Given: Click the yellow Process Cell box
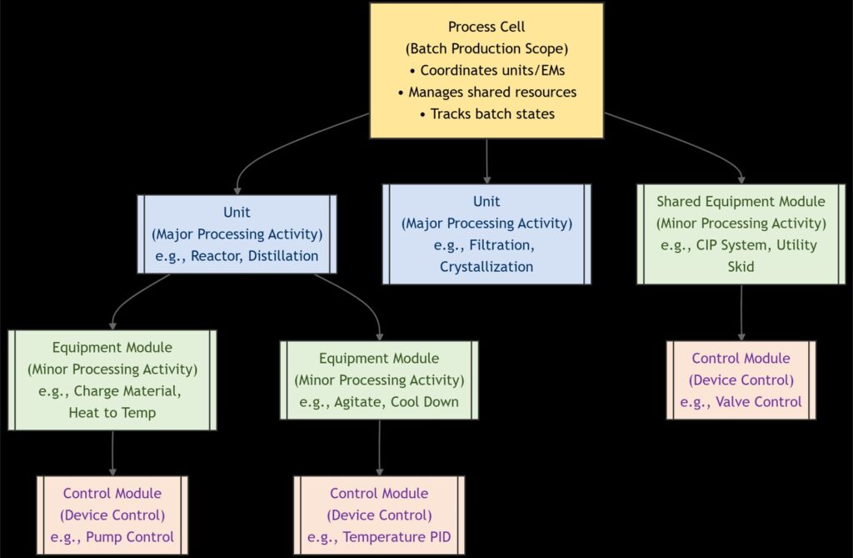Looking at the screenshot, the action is (486, 71).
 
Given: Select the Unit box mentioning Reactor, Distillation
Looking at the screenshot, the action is (237, 234).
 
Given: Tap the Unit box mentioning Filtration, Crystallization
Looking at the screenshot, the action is (486, 234).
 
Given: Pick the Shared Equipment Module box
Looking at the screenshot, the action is (741, 234).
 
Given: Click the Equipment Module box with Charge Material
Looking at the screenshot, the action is (112, 380).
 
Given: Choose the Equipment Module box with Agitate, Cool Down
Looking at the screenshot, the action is (379, 380).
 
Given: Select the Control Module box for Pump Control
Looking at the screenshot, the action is (112, 515).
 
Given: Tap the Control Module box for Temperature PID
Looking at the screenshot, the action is (379, 515).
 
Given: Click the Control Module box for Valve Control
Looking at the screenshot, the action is (741, 380).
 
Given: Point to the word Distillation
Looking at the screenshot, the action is (283, 256).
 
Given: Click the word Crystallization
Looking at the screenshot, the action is (486, 267).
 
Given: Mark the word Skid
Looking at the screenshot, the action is (741, 267).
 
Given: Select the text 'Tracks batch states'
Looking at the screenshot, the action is (492, 114).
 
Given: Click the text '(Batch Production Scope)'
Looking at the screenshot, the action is (486, 48).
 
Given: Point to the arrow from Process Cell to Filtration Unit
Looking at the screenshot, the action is (486, 161).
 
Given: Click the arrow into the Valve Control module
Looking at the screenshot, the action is (741, 313).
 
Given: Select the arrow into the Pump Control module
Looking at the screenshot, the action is (112, 454).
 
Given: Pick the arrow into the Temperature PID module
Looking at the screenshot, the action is (379, 448).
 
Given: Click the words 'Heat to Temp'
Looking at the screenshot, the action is (112, 413).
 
